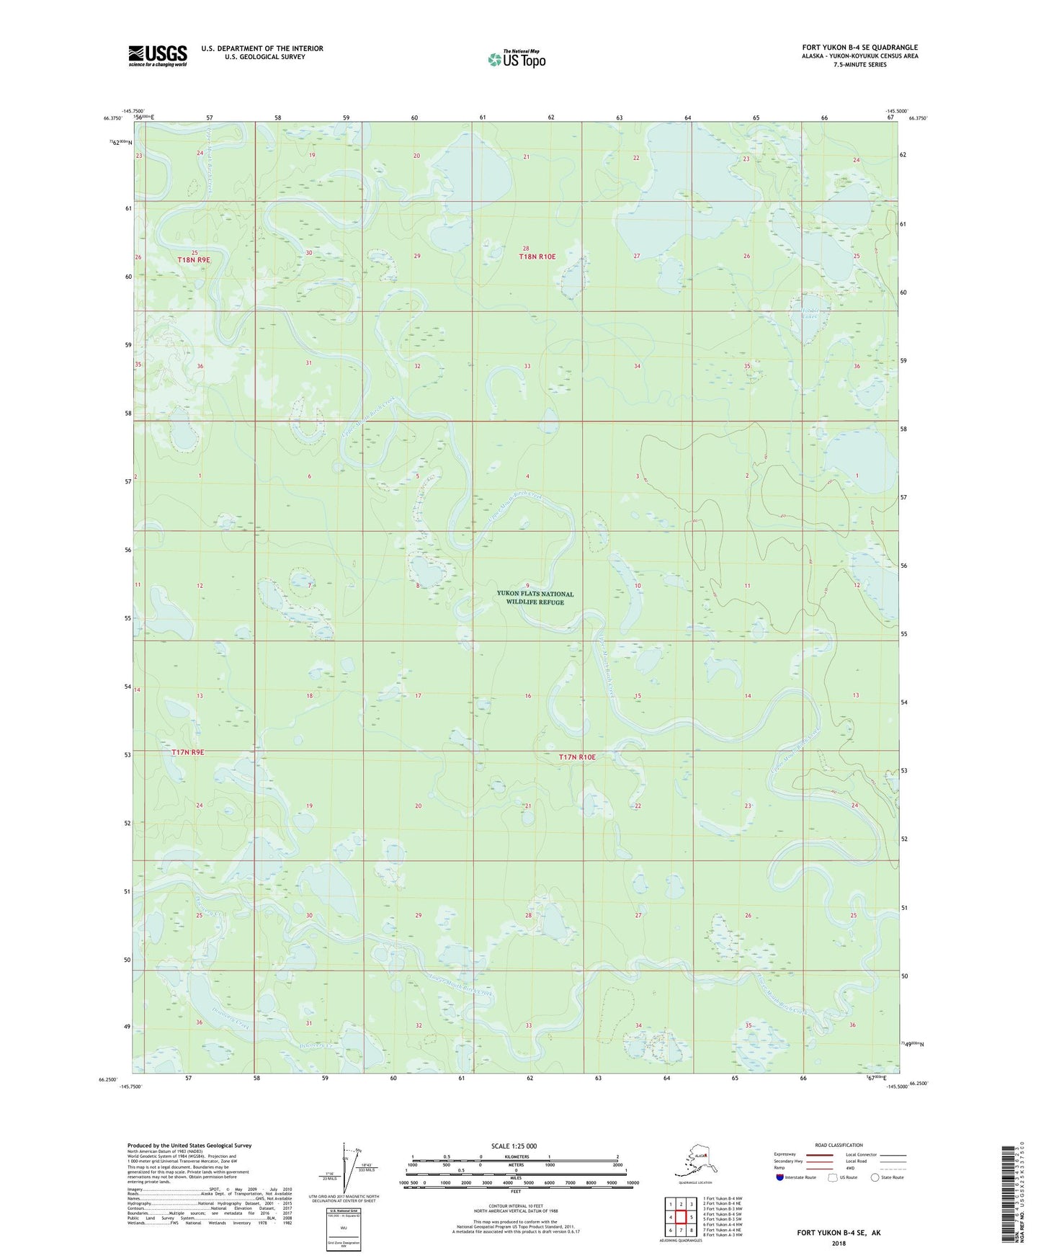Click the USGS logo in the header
coord(158,55)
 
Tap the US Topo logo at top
coord(516,58)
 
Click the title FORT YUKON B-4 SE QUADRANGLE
coord(859,48)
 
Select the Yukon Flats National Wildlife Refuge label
coord(535,598)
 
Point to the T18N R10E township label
coord(537,256)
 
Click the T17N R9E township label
coord(188,752)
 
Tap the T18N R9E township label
coord(194,259)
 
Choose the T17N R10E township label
coord(578,757)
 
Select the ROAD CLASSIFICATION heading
coord(839,1145)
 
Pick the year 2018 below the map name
coord(839,1243)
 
